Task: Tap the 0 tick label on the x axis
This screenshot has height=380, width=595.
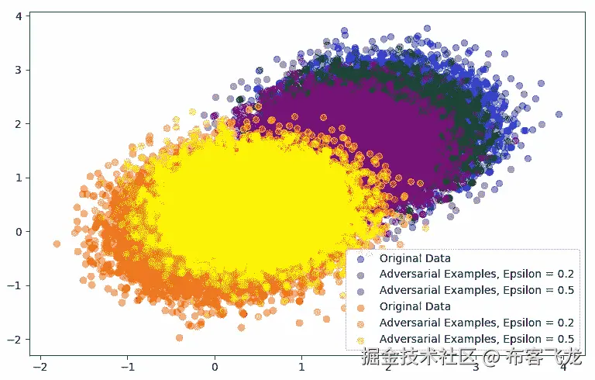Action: [x=215, y=366]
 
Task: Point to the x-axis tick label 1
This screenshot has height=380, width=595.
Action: [x=301, y=366]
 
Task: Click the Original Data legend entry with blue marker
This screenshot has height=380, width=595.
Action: [x=415, y=258]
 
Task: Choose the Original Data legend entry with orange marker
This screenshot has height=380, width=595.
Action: [x=415, y=306]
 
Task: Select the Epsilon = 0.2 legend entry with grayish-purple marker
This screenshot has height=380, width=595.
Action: [x=476, y=275]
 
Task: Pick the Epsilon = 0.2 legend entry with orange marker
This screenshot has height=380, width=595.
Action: [x=476, y=323]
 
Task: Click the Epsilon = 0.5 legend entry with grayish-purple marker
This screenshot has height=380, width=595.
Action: [x=476, y=291]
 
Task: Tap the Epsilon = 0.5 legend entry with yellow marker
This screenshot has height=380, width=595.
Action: [x=476, y=339]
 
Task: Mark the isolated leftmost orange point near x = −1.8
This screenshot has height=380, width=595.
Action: [x=57, y=244]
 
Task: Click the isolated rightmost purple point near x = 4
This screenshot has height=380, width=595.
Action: [x=559, y=114]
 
